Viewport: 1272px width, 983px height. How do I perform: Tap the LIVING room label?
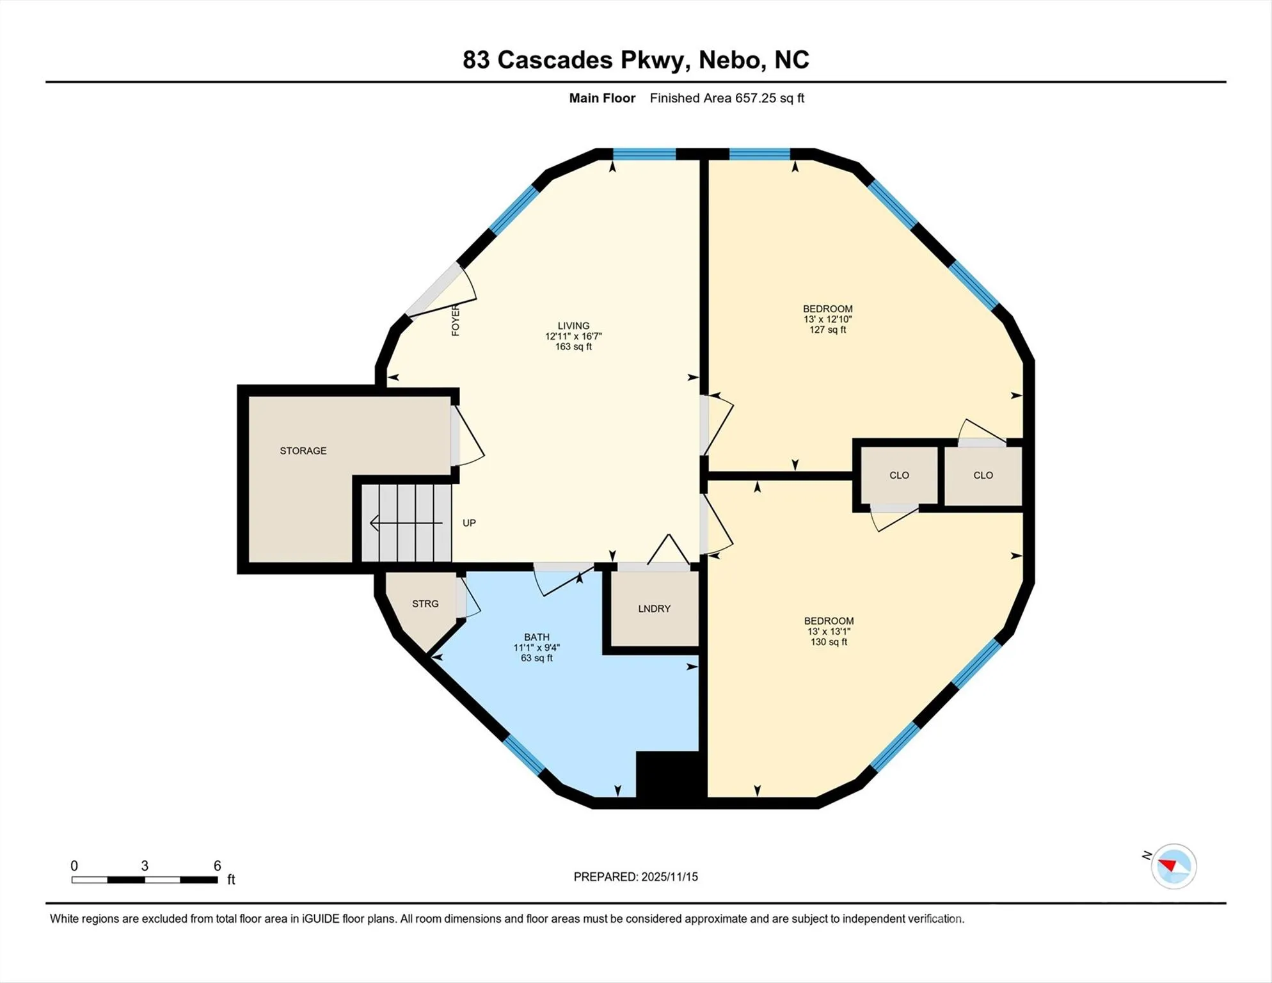click(x=573, y=326)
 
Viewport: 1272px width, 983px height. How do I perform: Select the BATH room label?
click(x=537, y=637)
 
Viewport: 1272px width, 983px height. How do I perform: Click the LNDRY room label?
click(x=654, y=609)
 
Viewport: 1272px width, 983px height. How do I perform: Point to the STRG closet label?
click(x=425, y=603)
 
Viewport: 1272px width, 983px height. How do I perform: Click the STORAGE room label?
click(x=303, y=451)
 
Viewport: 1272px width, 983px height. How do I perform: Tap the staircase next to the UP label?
click(x=406, y=523)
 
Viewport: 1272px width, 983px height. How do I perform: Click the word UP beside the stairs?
click(x=469, y=523)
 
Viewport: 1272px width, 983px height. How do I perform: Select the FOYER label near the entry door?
click(x=456, y=320)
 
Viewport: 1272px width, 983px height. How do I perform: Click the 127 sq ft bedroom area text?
click(x=828, y=330)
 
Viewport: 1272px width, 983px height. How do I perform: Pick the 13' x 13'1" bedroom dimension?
click(x=829, y=631)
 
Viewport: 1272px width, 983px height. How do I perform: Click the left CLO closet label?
click(x=899, y=475)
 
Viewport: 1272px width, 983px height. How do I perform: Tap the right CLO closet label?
click(x=983, y=475)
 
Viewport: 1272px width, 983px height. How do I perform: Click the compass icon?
click(x=1173, y=867)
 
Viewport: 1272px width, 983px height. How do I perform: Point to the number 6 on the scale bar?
click(x=218, y=866)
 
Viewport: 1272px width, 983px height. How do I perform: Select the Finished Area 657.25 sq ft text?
click(x=727, y=98)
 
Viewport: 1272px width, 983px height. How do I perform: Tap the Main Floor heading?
click(x=602, y=98)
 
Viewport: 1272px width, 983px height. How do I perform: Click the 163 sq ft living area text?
click(x=573, y=347)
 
